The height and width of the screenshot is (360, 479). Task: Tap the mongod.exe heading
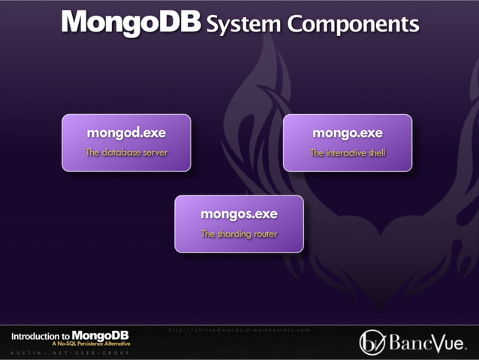tap(126, 133)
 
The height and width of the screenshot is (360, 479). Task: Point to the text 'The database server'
tap(126, 153)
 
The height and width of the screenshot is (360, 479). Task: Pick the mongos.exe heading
tap(239, 214)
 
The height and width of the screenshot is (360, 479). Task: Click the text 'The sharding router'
tap(239, 234)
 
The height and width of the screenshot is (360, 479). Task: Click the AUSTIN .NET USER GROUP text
tap(71, 353)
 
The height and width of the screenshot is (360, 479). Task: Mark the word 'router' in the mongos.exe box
tap(265, 234)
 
